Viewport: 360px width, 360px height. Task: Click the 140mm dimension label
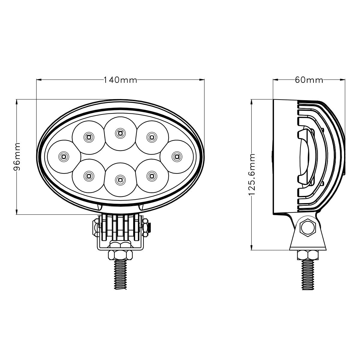tap(120, 80)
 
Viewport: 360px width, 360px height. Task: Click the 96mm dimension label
tap(18, 157)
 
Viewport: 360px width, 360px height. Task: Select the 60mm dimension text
tap(309, 80)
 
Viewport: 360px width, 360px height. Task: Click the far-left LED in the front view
tap(63, 156)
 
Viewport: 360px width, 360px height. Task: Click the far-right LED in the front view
tap(176, 156)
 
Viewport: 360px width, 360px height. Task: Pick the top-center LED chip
tap(120, 132)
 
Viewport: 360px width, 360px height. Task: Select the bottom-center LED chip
tap(120, 180)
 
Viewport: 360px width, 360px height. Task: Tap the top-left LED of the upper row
tap(88, 137)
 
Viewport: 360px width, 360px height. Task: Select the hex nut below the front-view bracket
tap(120, 255)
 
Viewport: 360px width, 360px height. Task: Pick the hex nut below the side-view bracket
tap(308, 255)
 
